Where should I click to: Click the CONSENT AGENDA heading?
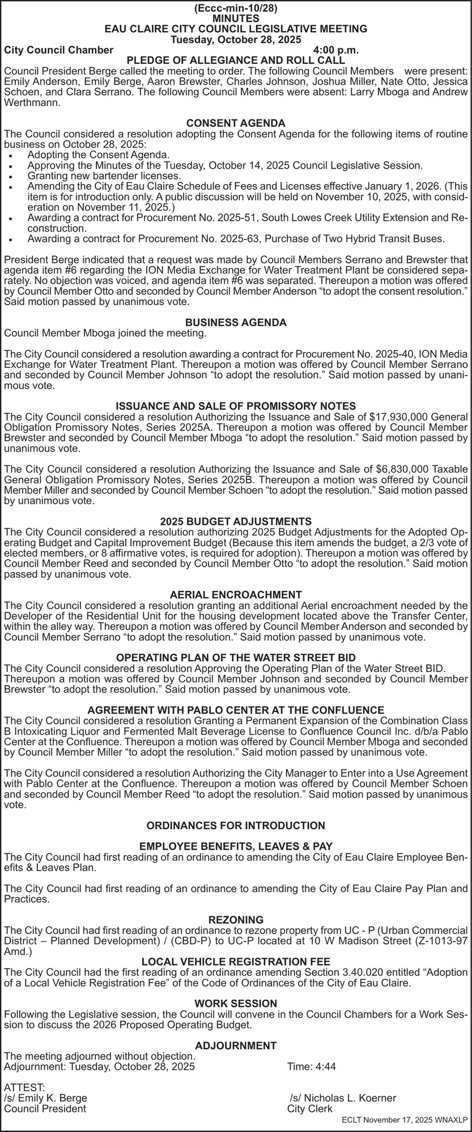pyautogui.click(x=236, y=123)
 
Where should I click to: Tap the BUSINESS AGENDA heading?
pyautogui.click(x=236, y=323)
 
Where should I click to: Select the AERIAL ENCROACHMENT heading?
pyautogui.click(x=236, y=595)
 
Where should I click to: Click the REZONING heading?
pyautogui.click(x=236, y=920)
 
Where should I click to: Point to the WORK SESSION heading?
pyautogui.click(x=236, y=1004)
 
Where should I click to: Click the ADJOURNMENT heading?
pyautogui.click(x=236, y=1045)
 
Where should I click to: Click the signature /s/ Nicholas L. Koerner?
pyautogui.click(x=343, y=1098)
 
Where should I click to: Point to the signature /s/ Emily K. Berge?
pyautogui.click(x=46, y=1098)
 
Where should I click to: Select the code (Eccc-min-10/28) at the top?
pyautogui.click(x=236, y=8)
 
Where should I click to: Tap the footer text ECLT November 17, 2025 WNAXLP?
pyautogui.click(x=405, y=1120)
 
